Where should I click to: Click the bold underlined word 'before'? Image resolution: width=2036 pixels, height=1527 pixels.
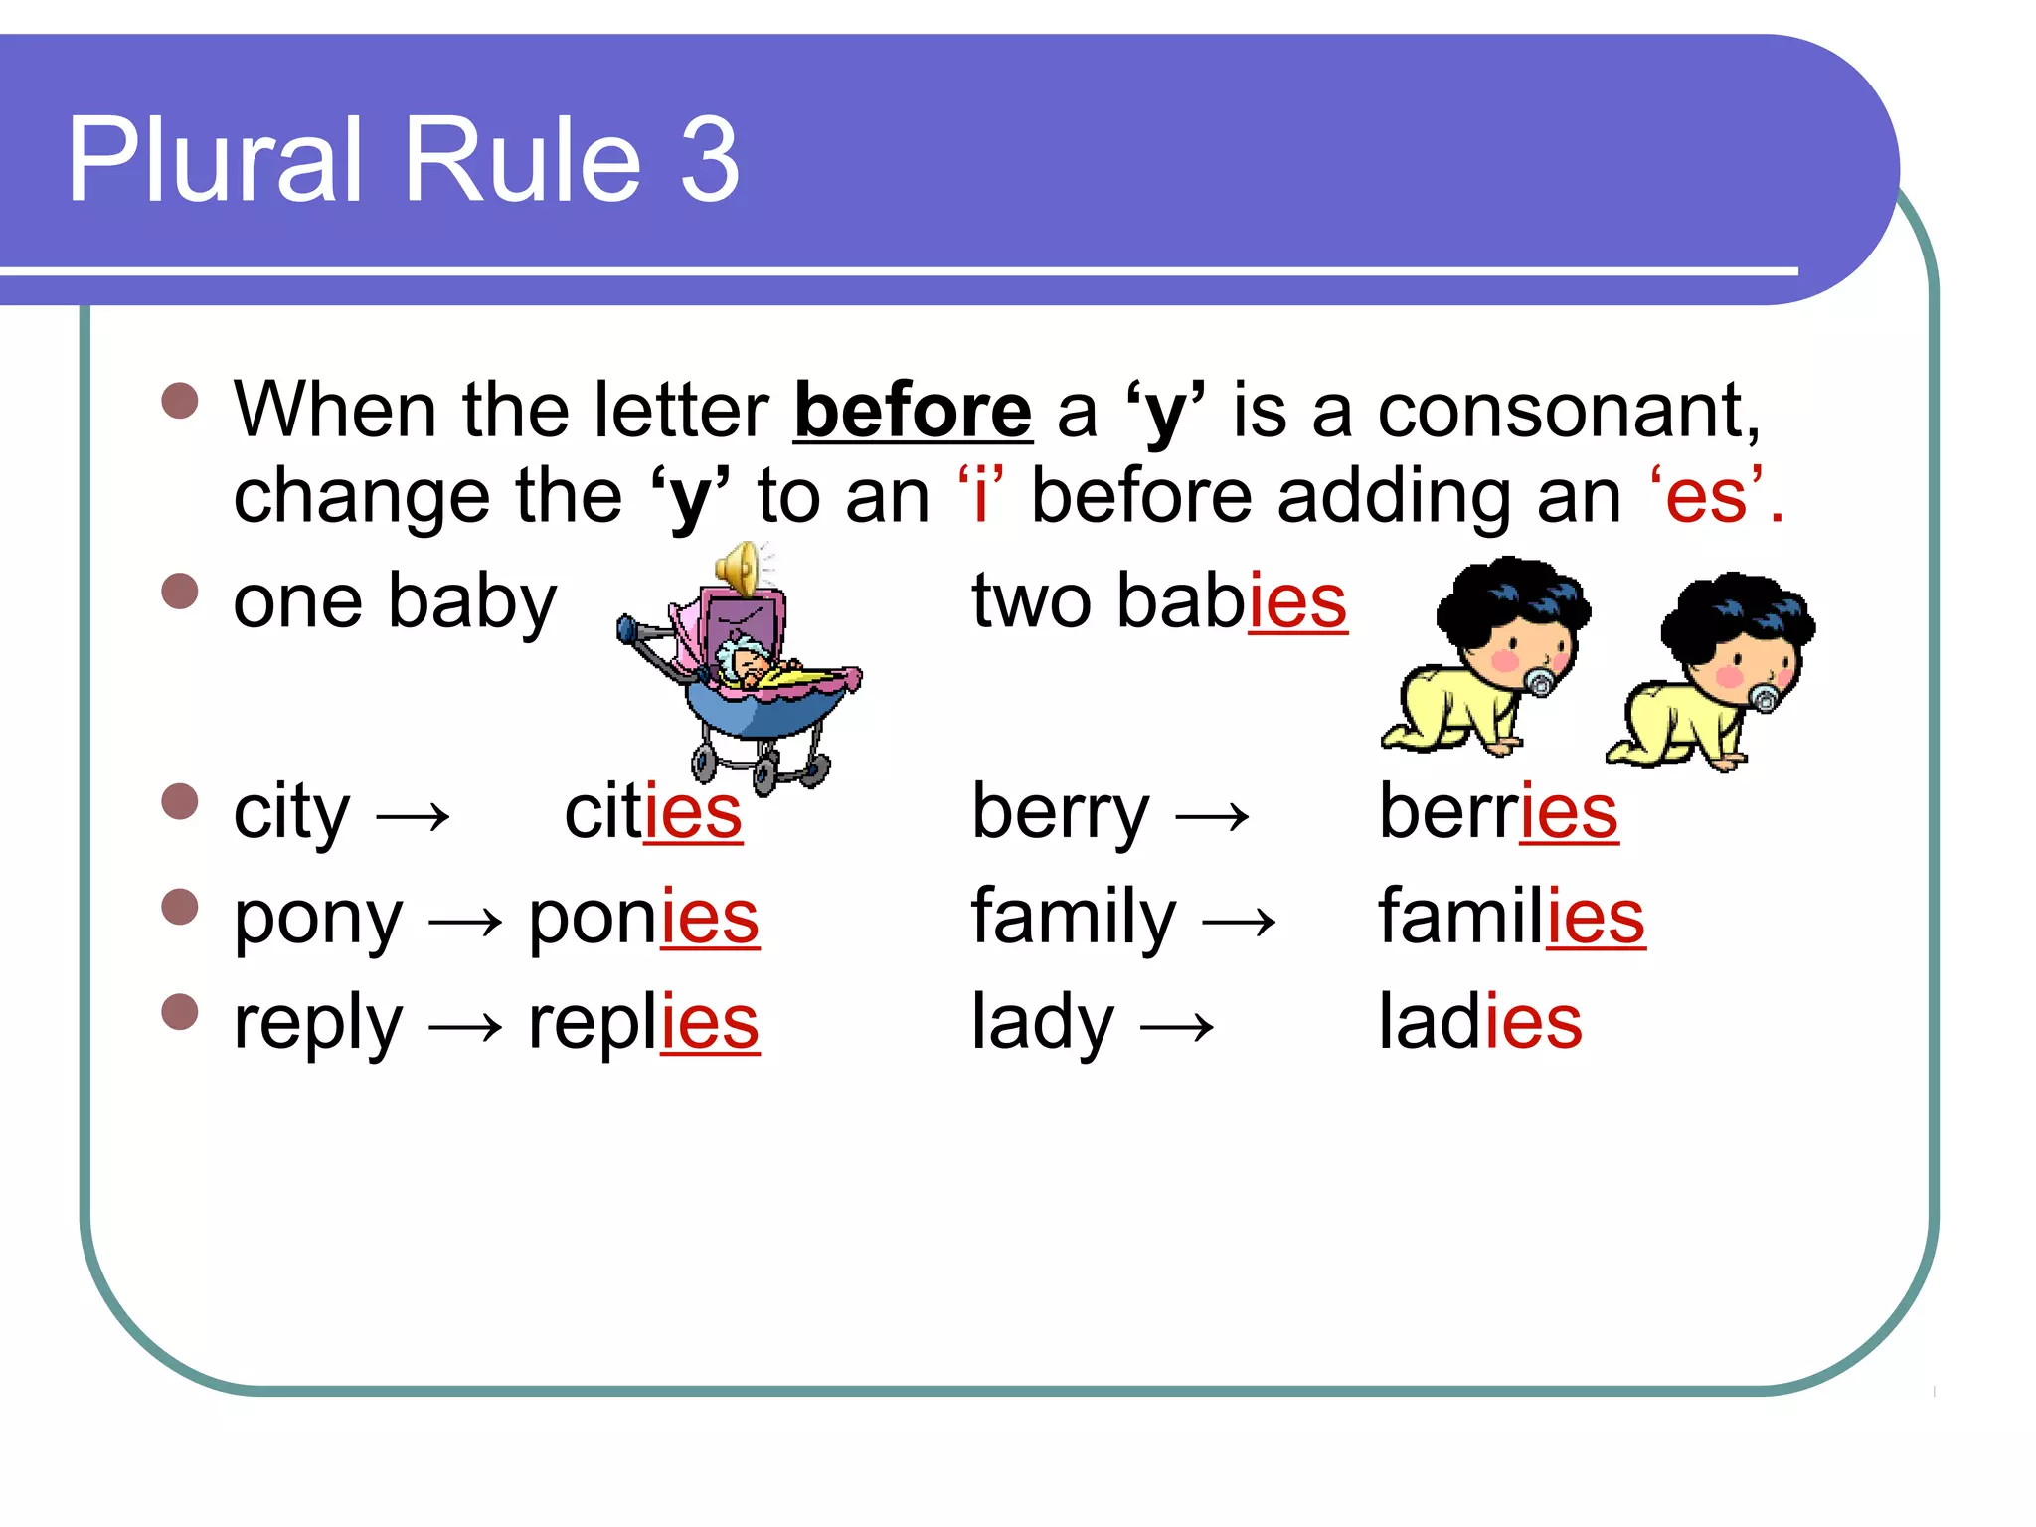click(913, 410)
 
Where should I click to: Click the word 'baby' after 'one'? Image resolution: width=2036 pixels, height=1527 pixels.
click(472, 602)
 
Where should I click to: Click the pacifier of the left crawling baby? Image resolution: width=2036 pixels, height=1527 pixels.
click(1539, 682)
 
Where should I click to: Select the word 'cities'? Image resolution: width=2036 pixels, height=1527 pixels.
click(652, 812)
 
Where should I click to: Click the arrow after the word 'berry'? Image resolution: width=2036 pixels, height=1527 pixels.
click(1212, 817)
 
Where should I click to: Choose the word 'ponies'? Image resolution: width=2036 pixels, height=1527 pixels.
click(643, 918)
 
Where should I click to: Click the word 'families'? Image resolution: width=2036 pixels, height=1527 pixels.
click(1510, 918)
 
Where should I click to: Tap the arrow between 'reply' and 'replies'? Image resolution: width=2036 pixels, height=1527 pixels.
click(464, 1028)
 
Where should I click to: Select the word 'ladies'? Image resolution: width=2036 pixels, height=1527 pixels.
click(1479, 1022)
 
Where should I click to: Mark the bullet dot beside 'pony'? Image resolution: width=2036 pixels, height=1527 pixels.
click(180, 907)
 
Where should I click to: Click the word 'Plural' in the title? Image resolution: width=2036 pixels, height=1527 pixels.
click(215, 159)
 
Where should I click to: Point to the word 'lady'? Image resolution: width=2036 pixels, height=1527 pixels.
click(1042, 1024)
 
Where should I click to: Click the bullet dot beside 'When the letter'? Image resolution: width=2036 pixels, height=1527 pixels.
click(180, 401)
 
